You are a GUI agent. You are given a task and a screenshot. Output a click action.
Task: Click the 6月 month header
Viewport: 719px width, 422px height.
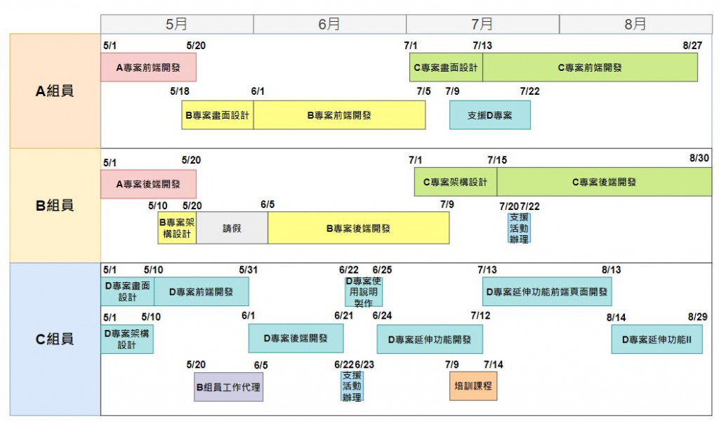coord(329,24)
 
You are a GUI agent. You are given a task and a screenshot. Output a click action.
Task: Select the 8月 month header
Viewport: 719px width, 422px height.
coord(635,24)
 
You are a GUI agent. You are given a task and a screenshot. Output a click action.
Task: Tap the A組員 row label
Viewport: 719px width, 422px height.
coord(55,91)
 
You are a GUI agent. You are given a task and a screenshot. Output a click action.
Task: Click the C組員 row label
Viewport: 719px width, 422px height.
coord(55,339)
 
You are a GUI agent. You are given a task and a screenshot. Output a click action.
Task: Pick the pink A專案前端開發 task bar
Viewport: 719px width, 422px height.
coord(148,67)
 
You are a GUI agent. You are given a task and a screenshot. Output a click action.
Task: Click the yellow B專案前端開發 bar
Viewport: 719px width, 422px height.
coord(339,115)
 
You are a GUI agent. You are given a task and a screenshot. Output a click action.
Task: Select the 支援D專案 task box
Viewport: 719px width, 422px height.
coord(489,115)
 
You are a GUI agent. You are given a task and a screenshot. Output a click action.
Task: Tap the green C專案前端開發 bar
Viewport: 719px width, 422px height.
coord(590,67)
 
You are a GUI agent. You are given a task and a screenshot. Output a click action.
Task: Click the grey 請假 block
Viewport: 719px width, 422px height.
coord(232,228)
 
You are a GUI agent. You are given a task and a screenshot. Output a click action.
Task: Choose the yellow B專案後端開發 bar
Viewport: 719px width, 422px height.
coord(358,228)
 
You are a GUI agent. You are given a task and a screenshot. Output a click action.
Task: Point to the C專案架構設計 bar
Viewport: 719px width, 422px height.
coord(455,183)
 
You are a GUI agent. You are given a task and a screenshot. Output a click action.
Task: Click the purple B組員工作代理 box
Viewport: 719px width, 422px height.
coord(229,387)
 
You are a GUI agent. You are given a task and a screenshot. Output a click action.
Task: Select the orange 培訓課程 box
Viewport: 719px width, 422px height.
coord(473,386)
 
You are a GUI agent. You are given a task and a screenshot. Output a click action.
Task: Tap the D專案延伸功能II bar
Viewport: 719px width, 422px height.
coord(657,339)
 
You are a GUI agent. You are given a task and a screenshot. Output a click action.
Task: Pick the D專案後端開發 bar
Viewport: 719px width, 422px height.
coord(296,338)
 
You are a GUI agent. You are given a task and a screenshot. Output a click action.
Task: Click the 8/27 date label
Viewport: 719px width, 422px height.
coord(692,46)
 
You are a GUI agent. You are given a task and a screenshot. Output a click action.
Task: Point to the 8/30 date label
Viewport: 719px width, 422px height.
coord(699,159)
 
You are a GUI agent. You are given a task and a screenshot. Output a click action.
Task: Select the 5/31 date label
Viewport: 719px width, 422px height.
coord(249,270)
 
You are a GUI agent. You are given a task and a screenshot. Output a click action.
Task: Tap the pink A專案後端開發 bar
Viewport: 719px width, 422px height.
coord(148,184)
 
